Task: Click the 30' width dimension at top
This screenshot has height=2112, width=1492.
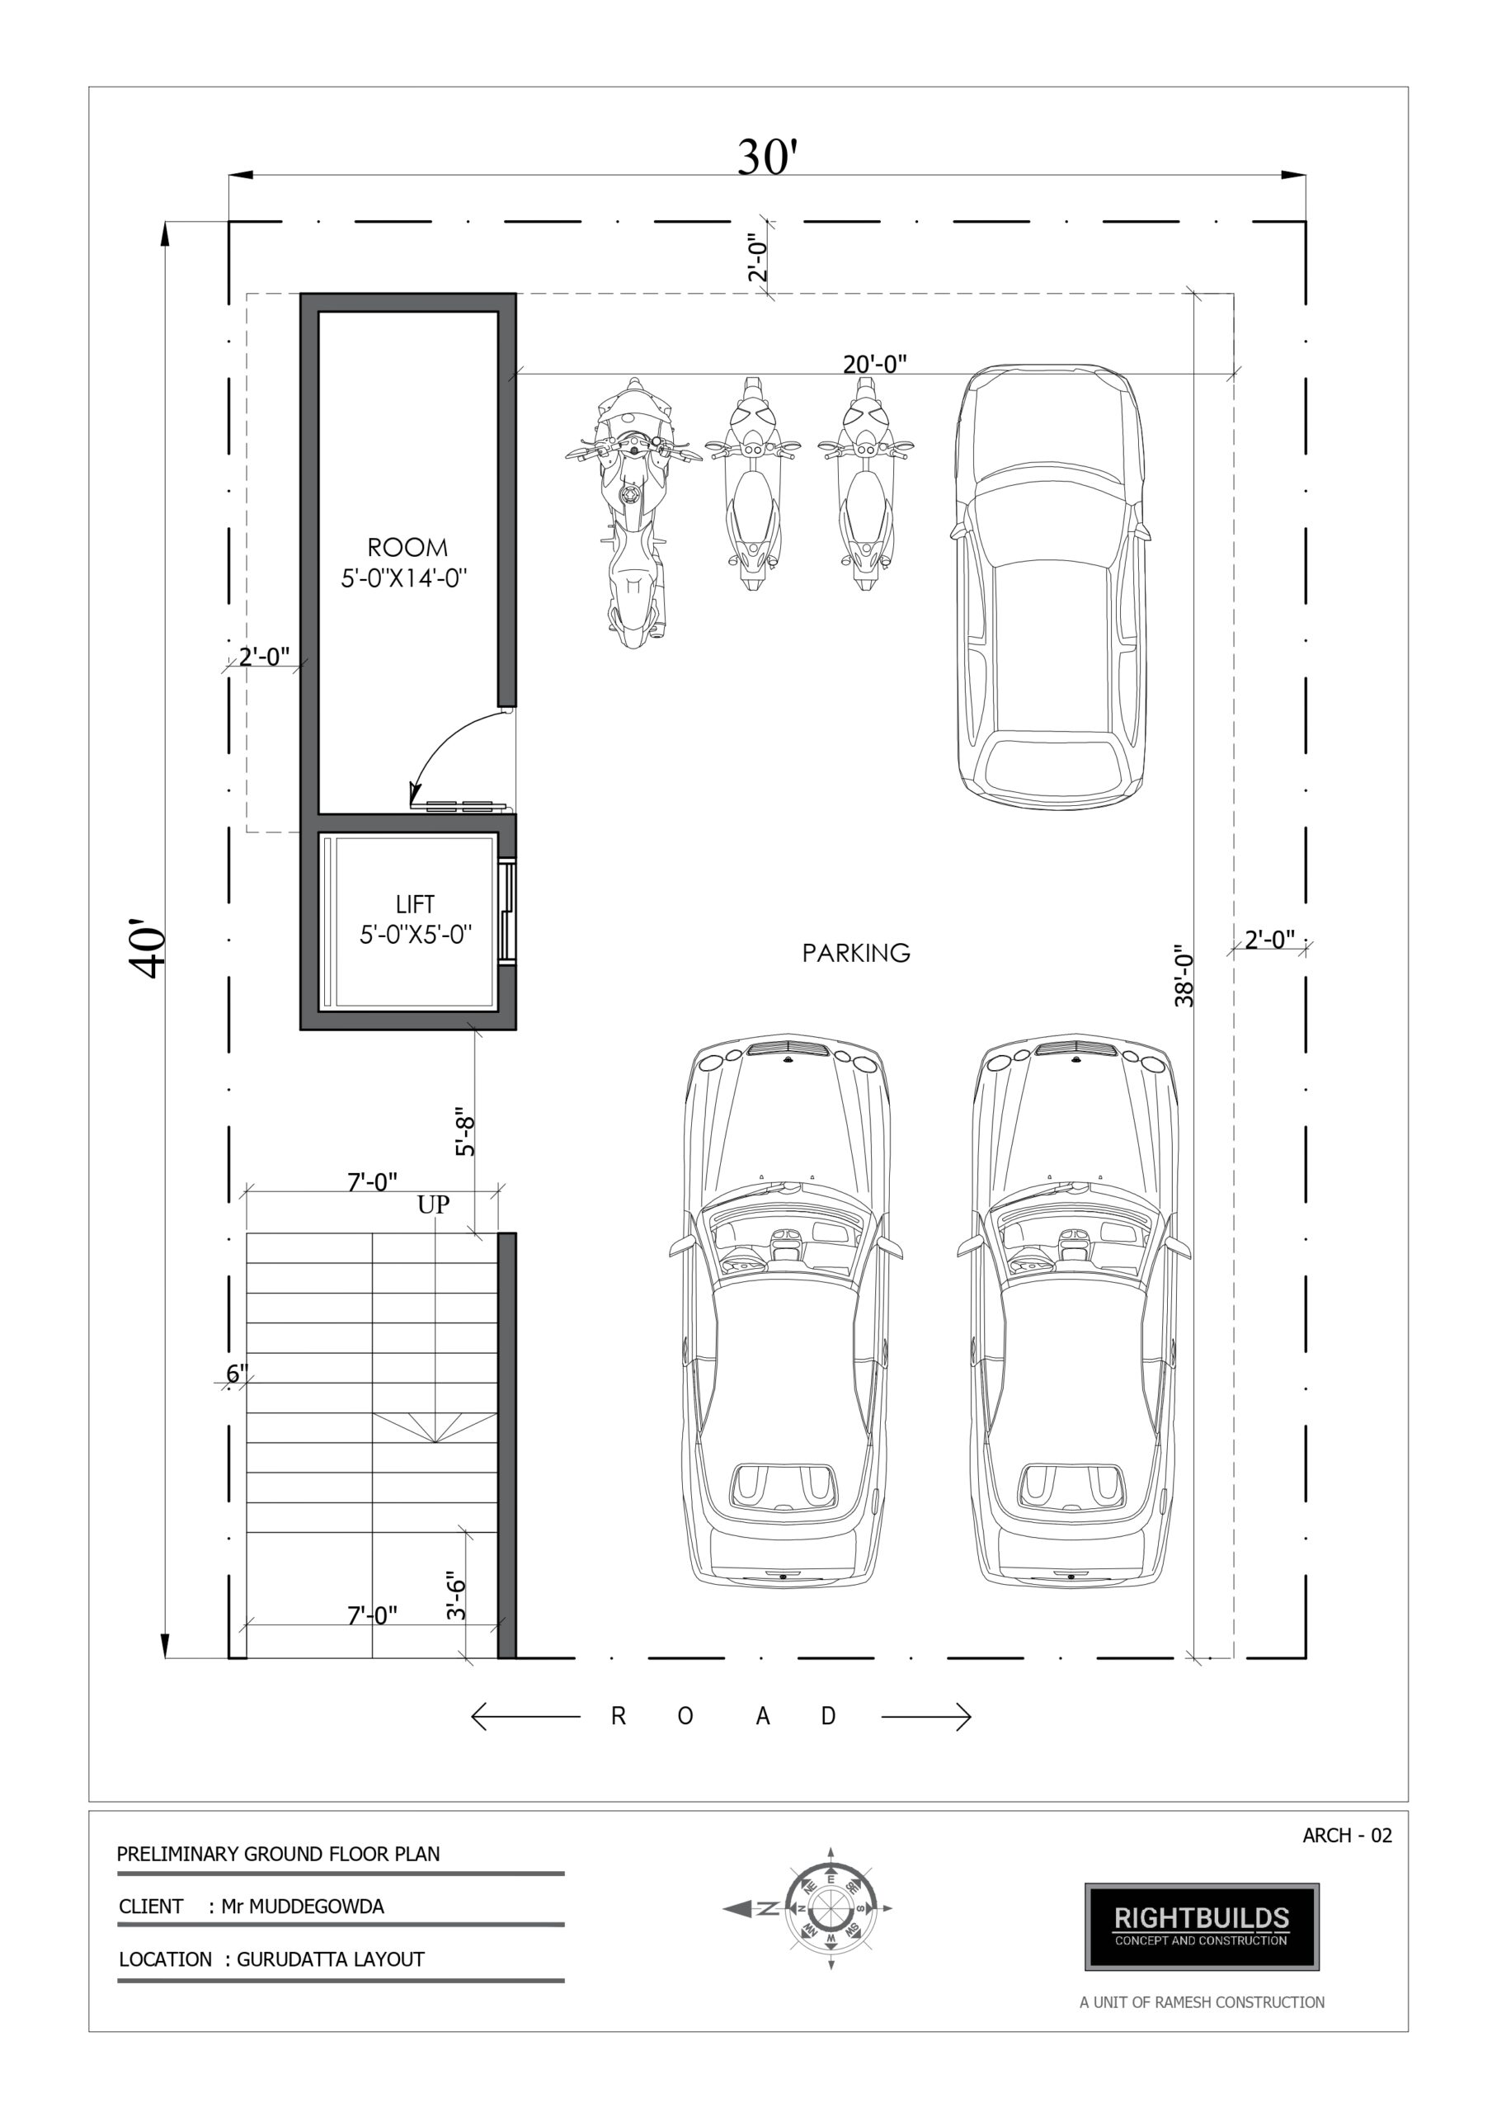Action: (x=766, y=158)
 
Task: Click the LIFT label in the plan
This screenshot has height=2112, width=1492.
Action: (x=415, y=904)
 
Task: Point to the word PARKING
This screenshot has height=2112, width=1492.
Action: (x=856, y=953)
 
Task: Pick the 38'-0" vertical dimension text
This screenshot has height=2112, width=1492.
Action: (x=1184, y=974)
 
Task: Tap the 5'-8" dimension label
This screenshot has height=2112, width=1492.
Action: (x=465, y=1136)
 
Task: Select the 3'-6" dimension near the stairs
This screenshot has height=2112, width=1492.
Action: (x=456, y=1595)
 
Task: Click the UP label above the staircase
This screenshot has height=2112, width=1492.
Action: (x=433, y=1204)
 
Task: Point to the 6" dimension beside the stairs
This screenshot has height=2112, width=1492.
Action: (x=238, y=1374)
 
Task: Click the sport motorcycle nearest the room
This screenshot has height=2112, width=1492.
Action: (x=633, y=511)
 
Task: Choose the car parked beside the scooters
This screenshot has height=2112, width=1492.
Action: (x=1052, y=586)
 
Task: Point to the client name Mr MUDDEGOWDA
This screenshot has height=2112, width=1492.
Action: (x=303, y=1906)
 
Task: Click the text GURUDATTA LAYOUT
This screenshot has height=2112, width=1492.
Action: (x=330, y=1959)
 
